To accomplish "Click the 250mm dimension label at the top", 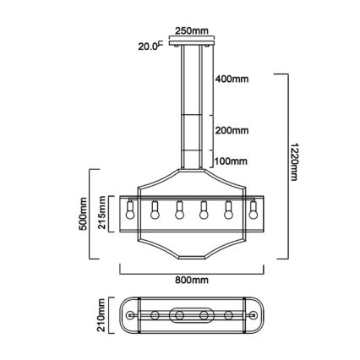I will point(191,31).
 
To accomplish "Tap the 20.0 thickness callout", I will point(149,47).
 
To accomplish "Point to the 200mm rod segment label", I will point(231,131).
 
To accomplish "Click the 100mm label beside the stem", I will point(231,161).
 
